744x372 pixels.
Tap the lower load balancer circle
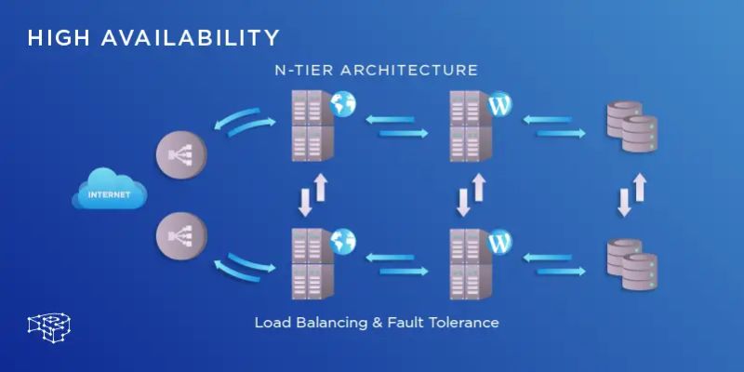179,235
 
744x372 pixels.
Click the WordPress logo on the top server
499,103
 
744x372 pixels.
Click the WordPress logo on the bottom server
499,241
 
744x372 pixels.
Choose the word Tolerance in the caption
462,323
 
